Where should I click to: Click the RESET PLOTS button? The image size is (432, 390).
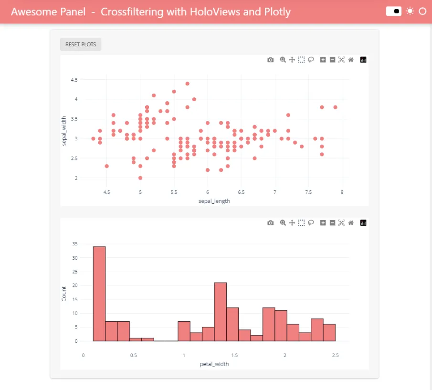click(81, 44)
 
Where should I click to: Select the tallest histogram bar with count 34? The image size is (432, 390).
click(99, 294)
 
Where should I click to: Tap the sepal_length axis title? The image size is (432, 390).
click(214, 201)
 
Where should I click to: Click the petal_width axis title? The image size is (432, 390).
click(214, 364)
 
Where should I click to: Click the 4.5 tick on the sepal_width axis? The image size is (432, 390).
click(74, 80)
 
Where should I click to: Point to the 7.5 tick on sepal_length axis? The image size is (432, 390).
click(308, 192)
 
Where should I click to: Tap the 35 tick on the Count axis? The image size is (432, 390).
click(74, 243)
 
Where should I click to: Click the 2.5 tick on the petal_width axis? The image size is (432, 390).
click(336, 355)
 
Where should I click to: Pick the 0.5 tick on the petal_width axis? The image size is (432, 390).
click(134, 355)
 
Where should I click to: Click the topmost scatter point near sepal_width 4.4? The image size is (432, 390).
click(188, 84)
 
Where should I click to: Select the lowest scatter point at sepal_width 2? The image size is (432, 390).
click(140, 178)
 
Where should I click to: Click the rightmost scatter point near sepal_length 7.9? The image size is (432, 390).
click(335, 107)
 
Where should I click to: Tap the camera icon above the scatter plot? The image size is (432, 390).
click(271, 60)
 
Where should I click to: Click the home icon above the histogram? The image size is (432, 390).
click(351, 223)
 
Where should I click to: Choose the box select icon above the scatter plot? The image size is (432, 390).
click(302, 60)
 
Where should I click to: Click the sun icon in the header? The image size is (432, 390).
click(410, 11)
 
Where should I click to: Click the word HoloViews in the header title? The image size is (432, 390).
click(217, 11)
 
